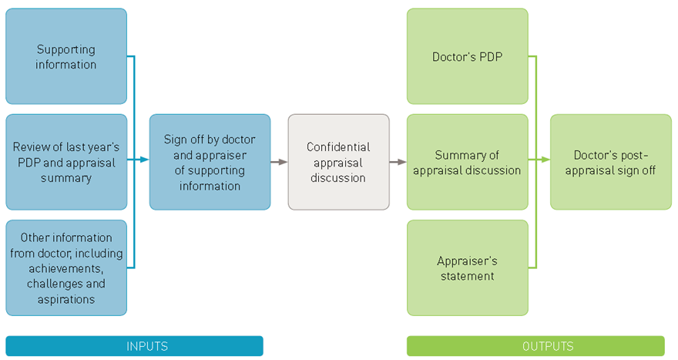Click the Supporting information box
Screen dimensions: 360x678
66,56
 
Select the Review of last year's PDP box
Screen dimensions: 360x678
66,162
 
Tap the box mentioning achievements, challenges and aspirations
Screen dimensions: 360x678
66,267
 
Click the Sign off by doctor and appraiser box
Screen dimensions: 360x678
210,162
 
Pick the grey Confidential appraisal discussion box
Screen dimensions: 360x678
338,162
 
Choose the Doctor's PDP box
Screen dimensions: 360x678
467,56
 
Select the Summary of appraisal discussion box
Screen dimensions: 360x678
467,162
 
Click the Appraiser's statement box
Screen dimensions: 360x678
467,267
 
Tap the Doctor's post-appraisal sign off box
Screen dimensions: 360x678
610,162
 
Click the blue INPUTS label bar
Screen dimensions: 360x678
134,346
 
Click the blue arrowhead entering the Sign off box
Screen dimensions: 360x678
144,160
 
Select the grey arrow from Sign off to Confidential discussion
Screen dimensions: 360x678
279,162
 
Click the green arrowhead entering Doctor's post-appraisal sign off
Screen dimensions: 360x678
545,160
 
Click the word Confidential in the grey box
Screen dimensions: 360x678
338,146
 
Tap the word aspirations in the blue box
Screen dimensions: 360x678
66,298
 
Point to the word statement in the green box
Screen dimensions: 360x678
467,275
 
